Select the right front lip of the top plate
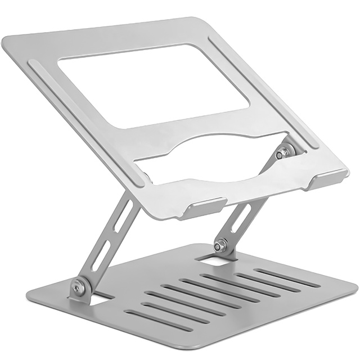tap(329, 179)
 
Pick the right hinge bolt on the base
tap(220, 245)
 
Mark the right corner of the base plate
tap(354, 287)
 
